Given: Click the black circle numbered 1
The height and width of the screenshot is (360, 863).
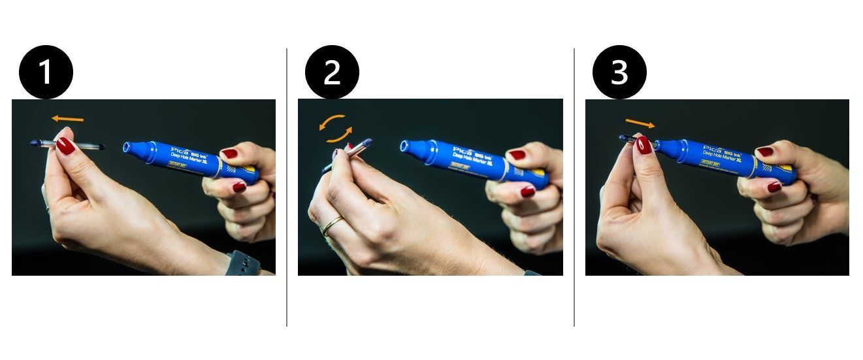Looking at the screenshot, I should click(x=46, y=72).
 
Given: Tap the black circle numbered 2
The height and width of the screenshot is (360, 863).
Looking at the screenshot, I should click(x=332, y=72).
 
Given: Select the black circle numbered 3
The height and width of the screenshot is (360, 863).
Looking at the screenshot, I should click(x=619, y=72).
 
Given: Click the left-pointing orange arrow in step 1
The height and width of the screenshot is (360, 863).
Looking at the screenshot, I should click(x=68, y=119).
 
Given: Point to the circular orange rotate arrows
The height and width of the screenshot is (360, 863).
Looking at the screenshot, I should click(x=335, y=129).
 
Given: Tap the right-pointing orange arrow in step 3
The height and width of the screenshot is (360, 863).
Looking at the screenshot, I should click(x=640, y=123).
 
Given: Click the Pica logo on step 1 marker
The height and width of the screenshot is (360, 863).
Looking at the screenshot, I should click(x=180, y=151).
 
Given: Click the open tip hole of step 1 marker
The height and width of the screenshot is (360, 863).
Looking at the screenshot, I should click(x=127, y=148).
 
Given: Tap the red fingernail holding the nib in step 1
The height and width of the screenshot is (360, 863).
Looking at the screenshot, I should click(x=65, y=146).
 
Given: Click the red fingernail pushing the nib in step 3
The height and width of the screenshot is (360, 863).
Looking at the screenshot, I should click(x=643, y=144).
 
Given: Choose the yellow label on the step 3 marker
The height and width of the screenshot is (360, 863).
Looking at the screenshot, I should click(x=710, y=163).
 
